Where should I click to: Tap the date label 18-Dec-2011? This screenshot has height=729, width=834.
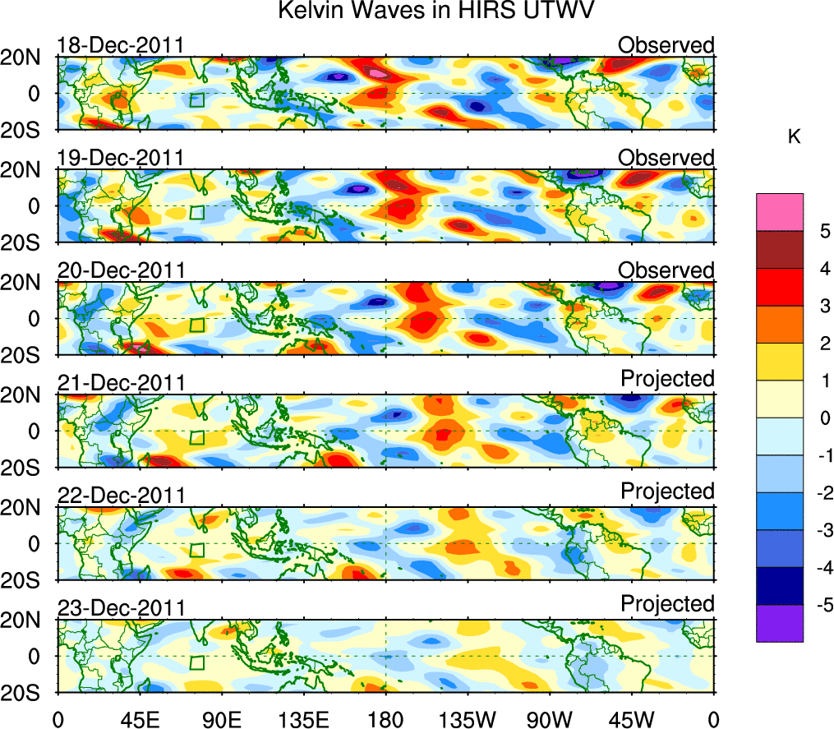pyautogui.click(x=120, y=45)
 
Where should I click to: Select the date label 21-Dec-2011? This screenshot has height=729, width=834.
pyautogui.click(x=120, y=382)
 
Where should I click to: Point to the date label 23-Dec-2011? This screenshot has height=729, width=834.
pyautogui.click(x=120, y=607)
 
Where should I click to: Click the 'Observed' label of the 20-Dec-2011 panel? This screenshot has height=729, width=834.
pyautogui.click(x=666, y=270)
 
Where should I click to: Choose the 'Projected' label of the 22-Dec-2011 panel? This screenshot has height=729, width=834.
pyautogui.click(x=667, y=491)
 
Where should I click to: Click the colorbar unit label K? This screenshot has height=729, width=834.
pyautogui.click(x=795, y=137)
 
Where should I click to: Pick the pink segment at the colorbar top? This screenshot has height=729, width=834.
pyautogui.click(x=779, y=211)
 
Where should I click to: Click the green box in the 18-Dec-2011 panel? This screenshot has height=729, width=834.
pyautogui.click(x=196, y=100)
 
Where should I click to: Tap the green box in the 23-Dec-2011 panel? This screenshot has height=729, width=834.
pyautogui.click(x=196, y=662)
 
